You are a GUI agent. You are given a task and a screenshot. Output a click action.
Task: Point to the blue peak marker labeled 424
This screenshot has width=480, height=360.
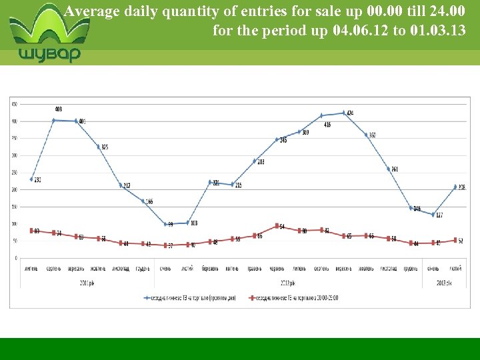[343, 113]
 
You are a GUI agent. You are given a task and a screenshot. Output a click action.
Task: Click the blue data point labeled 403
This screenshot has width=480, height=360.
[53, 120]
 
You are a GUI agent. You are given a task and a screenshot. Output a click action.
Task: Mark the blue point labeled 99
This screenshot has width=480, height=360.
[165, 224]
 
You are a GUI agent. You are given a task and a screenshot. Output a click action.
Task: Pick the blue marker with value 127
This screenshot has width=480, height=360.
[433, 215]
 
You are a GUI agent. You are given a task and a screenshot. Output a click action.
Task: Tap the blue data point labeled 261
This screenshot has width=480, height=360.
[388, 169]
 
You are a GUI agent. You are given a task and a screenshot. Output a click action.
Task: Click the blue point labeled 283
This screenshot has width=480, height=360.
[254, 161]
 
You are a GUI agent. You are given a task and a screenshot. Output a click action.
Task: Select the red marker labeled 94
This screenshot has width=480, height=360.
[277, 225]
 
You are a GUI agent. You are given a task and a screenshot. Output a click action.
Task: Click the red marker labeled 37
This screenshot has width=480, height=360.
[165, 245]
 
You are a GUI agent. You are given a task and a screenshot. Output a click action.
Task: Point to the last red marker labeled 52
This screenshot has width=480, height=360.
[455, 240]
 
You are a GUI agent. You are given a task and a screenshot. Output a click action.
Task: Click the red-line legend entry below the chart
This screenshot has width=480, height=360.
[293, 297]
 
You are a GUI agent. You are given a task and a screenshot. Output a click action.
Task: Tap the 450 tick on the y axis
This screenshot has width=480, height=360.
[14, 103]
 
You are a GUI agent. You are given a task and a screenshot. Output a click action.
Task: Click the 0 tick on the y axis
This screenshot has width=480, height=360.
[16, 258]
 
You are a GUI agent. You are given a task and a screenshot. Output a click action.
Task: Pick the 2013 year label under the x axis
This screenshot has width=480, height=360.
[444, 283]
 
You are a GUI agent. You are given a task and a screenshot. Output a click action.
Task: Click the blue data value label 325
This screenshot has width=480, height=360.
[105, 147]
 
